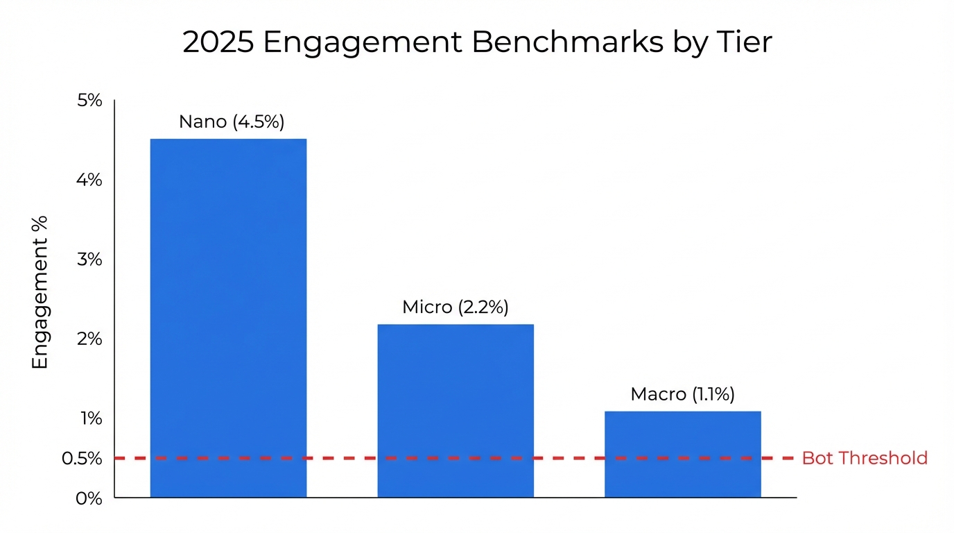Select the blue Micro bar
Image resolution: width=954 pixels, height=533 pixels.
coord(456,410)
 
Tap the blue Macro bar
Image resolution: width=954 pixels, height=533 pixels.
coord(683,454)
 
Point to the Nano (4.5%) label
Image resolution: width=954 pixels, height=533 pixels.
coord(232,121)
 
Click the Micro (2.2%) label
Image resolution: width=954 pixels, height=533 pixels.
coord(456,307)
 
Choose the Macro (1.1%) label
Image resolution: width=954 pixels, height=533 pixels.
coord(683,394)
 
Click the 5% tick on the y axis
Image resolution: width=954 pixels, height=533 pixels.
coord(89,101)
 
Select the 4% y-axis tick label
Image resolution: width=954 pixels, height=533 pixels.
coord(89,180)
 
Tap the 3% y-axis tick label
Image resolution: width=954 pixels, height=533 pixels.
coord(89,260)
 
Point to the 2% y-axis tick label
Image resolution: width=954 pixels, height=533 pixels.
coord(89,339)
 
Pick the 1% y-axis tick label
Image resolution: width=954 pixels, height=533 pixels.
coord(91,418)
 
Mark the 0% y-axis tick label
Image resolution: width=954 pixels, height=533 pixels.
coord(89,498)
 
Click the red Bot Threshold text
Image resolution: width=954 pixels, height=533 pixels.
coord(865,458)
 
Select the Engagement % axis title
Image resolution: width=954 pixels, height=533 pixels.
coord(40,292)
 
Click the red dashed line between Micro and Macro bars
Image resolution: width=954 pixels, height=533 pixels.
coord(569,458)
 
